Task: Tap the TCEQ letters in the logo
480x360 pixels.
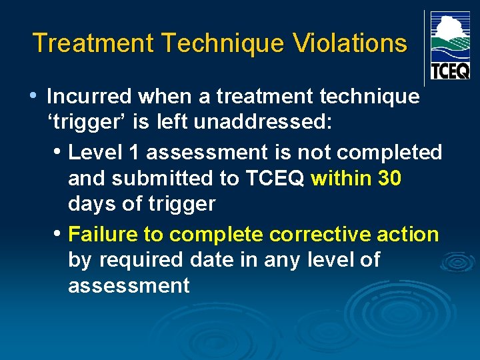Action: coord(450,70)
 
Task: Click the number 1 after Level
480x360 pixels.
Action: coord(134,153)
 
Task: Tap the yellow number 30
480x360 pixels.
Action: coord(389,179)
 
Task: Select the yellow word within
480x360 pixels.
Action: coord(341,179)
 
